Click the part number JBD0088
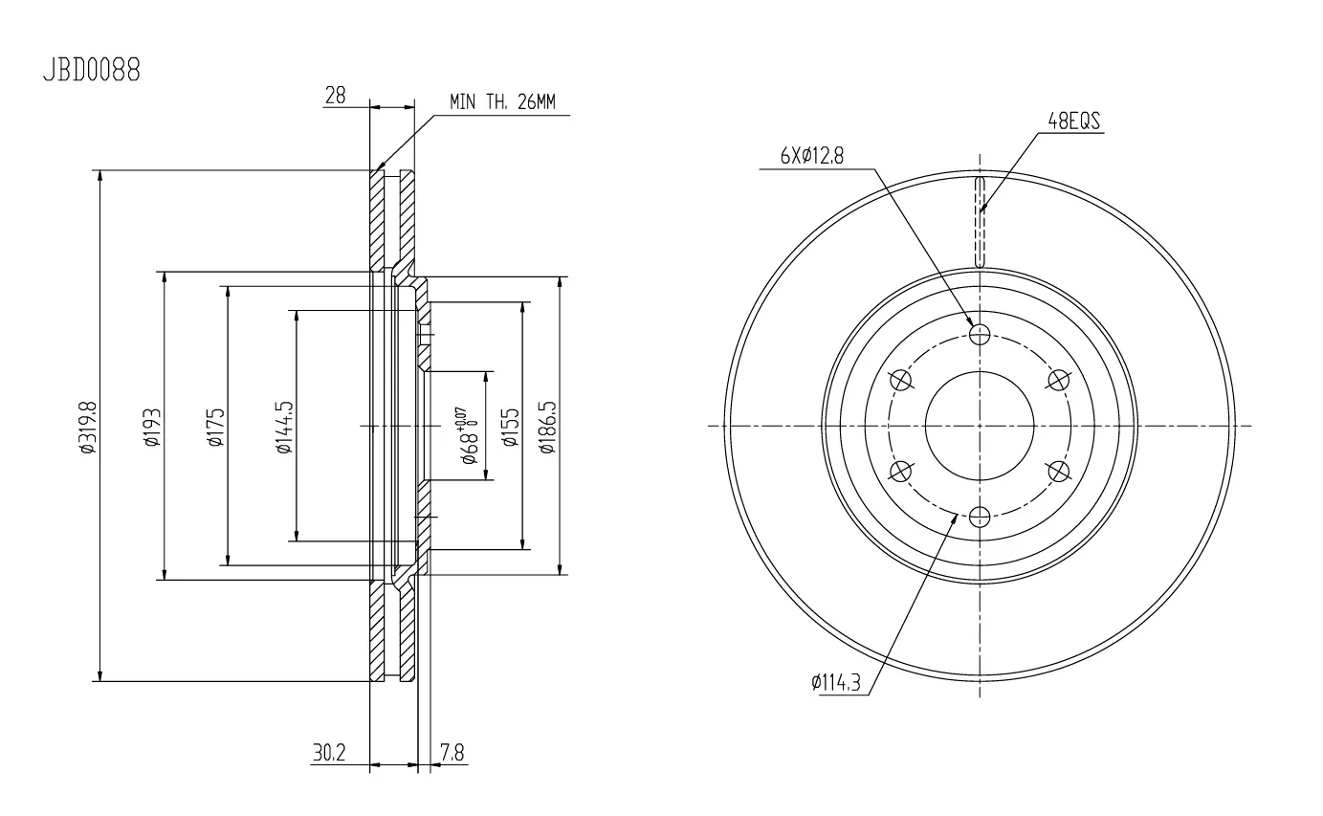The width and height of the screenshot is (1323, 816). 92,70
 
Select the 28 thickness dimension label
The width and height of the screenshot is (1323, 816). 335,96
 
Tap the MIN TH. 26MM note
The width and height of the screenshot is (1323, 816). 502,102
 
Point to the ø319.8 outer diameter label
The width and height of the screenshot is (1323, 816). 87,428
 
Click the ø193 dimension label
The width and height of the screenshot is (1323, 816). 152,427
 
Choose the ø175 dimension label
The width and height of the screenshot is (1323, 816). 216,427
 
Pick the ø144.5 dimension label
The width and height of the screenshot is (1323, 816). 284,428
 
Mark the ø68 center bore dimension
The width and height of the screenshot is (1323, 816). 469,436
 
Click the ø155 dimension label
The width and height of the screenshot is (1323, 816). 510,427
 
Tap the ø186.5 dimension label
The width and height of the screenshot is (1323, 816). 547,428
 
